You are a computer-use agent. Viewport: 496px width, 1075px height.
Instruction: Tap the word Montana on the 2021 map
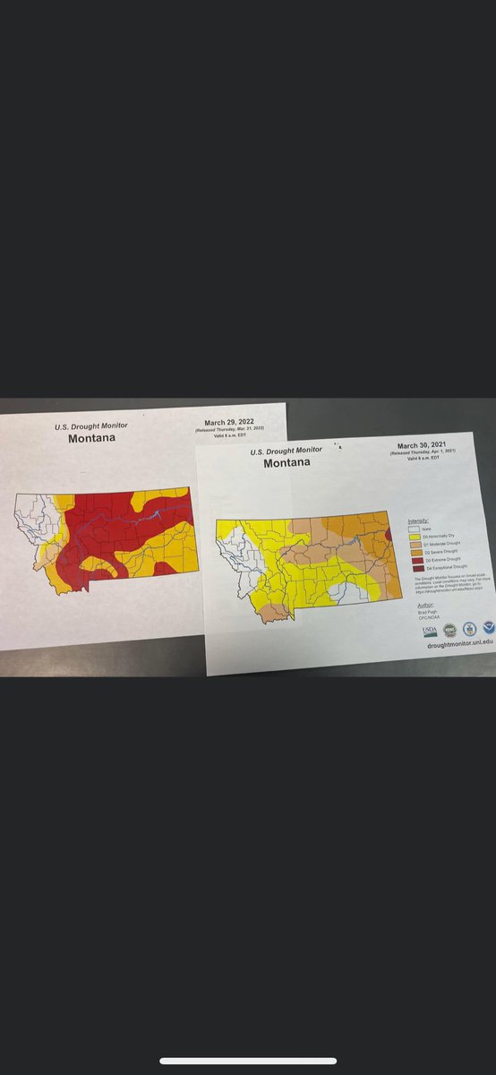286,462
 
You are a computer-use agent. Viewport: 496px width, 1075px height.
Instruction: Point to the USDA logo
430,631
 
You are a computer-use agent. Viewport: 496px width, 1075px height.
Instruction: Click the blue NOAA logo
489,628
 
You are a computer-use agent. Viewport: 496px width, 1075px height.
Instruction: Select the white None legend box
413,529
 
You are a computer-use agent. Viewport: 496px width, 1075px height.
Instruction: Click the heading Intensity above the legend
418,520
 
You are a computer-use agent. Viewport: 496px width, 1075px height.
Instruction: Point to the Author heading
425,605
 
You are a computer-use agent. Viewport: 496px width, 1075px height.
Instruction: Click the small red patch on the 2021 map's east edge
387,536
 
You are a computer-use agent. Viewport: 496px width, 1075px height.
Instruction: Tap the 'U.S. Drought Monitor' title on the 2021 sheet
286,451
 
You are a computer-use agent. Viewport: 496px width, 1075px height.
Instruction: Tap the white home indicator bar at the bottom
248,1062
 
